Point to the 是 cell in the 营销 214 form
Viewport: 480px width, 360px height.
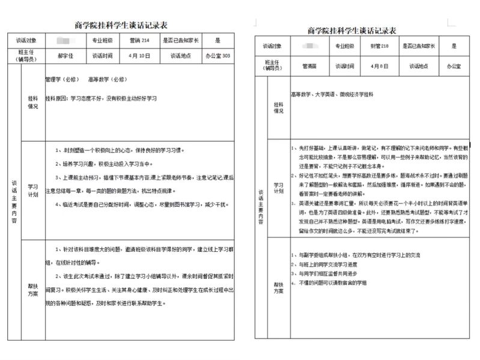217,41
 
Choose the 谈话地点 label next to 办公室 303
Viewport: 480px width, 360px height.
180,55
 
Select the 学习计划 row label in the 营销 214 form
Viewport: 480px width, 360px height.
33,191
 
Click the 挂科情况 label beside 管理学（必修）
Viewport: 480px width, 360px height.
33,103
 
